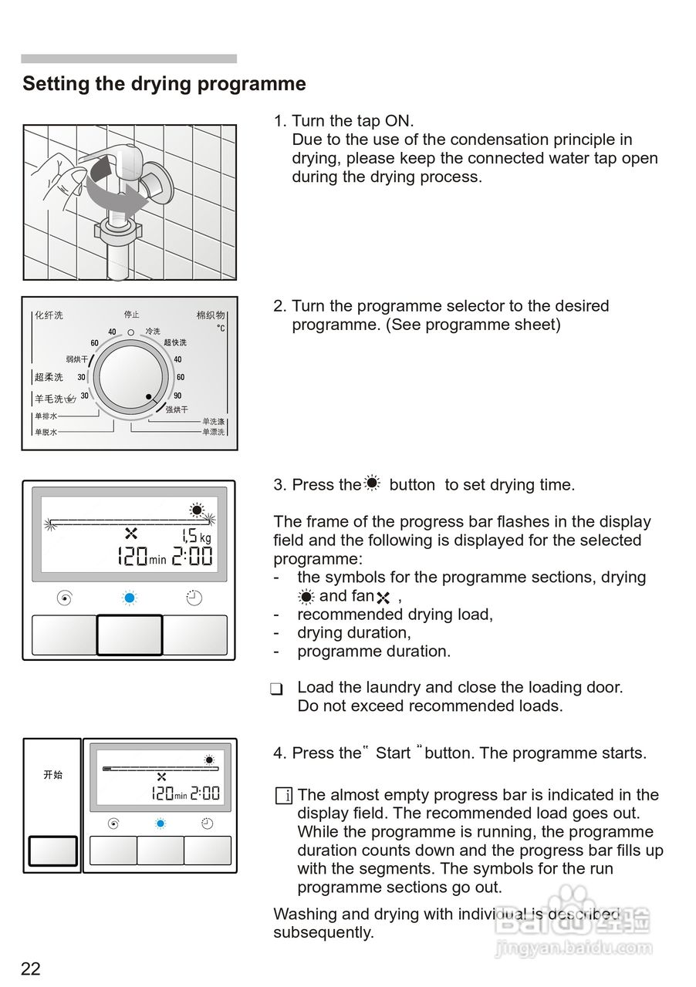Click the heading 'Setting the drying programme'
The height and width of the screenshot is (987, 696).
(x=164, y=84)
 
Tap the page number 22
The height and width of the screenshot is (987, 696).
(x=31, y=968)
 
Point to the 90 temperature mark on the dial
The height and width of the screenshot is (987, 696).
(x=177, y=396)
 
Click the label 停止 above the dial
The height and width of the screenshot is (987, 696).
(x=131, y=315)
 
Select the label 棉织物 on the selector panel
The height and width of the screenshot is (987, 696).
(x=210, y=315)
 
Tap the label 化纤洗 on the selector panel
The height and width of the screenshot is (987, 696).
(x=49, y=315)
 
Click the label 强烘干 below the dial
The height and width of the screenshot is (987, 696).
(x=177, y=409)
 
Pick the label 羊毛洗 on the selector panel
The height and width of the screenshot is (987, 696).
(x=49, y=399)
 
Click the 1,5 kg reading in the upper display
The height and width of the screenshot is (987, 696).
(x=196, y=536)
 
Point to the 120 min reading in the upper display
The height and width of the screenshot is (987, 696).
(x=141, y=556)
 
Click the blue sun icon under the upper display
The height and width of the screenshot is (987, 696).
(x=130, y=598)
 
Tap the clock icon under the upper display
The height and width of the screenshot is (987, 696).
(x=194, y=598)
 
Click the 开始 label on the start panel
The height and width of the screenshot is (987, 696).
(x=52, y=775)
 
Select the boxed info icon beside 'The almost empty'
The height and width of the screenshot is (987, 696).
(x=283, y=796)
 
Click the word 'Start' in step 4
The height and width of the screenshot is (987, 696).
(x=393, y=753)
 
